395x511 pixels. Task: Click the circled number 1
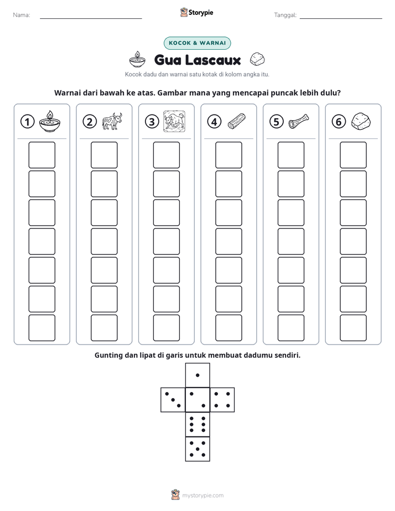coord(27,122)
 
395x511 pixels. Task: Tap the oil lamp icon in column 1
coord(50,121)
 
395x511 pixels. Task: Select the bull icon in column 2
coord(112,121)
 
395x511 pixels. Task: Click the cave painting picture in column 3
coord(174,121)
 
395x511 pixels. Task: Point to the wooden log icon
coord(237,122)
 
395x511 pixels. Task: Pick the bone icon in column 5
coord(299,121)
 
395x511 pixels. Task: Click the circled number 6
coord(339,122)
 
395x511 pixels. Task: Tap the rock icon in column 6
coord(361,121)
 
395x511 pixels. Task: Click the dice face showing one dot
coord(197,375)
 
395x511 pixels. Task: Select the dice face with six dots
coord(197,424)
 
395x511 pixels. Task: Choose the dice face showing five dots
coord(197,449)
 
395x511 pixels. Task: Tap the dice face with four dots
coord(222,400)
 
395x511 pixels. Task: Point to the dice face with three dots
coord(173,400)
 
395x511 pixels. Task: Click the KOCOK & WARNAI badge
coord(197,43)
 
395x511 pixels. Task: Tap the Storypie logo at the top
coord(196,12)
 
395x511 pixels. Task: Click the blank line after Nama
coord(91,18)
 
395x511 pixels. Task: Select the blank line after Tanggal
coord(341,18)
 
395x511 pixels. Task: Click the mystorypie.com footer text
coord(202,496)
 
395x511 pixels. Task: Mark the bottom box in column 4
coord(229,328)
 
